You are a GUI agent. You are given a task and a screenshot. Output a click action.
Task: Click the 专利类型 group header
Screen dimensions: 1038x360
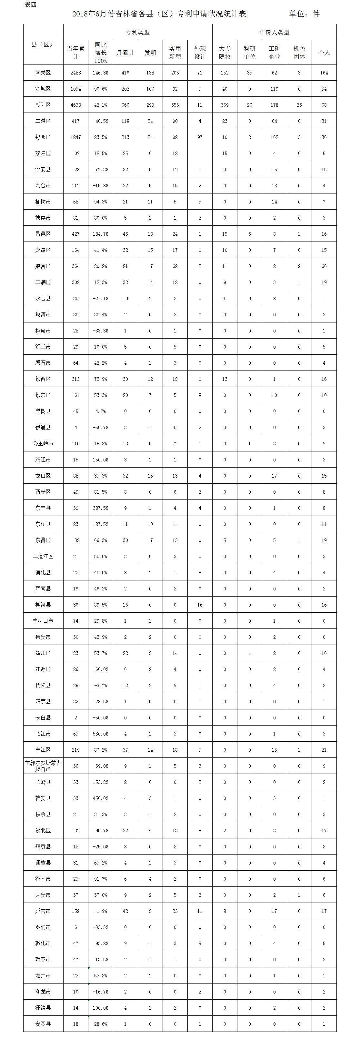coord(137,32)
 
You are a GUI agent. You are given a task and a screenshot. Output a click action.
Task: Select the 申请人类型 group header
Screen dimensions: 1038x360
coord(274,32)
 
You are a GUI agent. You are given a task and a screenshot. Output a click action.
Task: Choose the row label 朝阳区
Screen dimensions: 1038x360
coord(43,105)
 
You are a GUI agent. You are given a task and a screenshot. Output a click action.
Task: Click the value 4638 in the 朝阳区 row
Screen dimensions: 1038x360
coord(76,105)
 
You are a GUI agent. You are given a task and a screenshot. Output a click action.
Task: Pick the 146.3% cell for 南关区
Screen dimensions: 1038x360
coord(100,73)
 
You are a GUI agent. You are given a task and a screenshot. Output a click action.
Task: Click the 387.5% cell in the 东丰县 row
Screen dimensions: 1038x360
coord(100,508)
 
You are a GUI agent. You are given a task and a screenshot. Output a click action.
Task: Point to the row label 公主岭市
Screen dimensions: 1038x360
coord(43,444)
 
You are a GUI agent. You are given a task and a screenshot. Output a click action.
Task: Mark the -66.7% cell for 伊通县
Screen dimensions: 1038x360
coord(100,428)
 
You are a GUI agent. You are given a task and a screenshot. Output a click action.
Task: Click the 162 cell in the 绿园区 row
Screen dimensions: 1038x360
coord(274,137)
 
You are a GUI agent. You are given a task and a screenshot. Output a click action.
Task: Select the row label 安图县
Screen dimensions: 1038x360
coord(43,1024)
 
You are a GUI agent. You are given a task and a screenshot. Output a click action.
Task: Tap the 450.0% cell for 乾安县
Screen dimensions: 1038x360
coord(100,798)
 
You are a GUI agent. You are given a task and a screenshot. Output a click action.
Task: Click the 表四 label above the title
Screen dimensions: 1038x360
coord(31,5)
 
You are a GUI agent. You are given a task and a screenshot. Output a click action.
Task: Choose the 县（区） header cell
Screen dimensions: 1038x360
coord(43,44)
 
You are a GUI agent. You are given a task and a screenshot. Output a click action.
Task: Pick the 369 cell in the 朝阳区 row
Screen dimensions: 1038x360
coord(225,105)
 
